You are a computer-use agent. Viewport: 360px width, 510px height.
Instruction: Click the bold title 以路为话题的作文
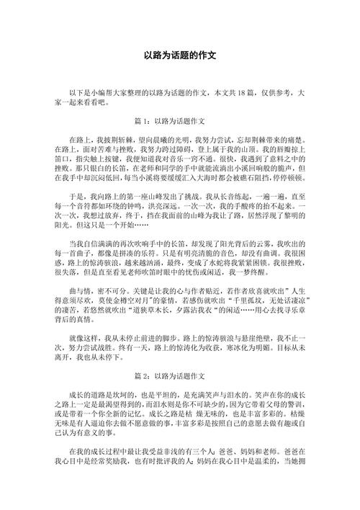[x=180, y=55]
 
